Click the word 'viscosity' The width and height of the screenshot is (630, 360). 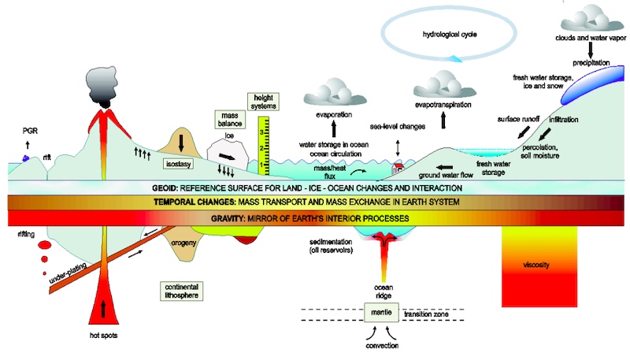click(x=534, y=265)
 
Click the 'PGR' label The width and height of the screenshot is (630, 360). click(x=29, y=132)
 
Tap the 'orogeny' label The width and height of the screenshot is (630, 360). click(x=183, y=243)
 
